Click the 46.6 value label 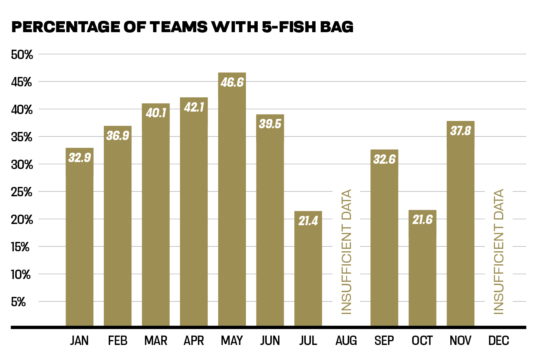[x=232, y=82]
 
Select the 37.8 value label [x=460, y=131]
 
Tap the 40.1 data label [x=156, y=113]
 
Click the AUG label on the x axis [x=346, y=340]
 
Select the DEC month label [x=499, y=340]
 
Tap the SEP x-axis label [x=384, y=340]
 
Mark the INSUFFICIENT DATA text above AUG [x=346, y=252]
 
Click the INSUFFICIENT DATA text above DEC [x=499, y=252]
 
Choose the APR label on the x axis [x=193, y=340]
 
